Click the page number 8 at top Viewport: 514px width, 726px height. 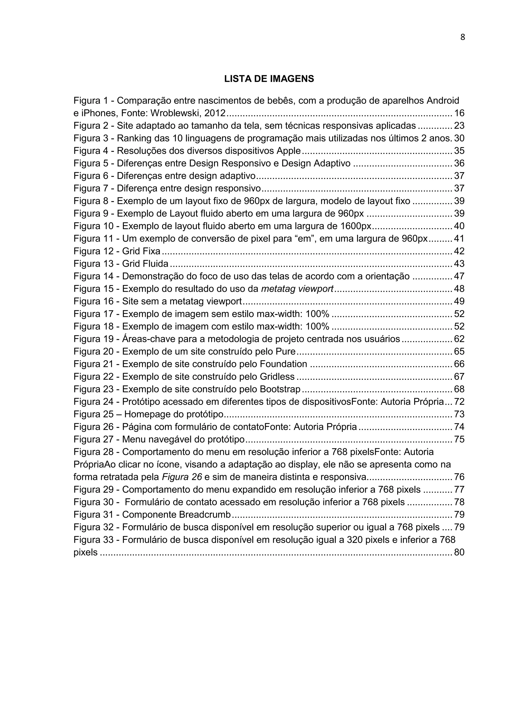pyautogui.click(x=462, y=37)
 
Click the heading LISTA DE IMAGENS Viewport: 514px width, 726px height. pyautogui.click(x=269, y=79)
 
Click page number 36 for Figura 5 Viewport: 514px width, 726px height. pyautogui.click(x=459, y=163)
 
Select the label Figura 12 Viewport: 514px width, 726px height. pyautogui.click(x=93, y=251)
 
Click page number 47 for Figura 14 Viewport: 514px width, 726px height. pyautogui.click(x=459, y=276)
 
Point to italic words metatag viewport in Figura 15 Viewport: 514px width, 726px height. pyautogui.click(x=297, y=289)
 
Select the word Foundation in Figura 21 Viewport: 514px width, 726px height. pyautogui.click(x=283, y=364)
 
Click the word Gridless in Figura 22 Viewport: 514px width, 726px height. pyautogui.click(x=277, y=377)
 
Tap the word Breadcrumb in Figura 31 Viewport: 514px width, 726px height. pyautogui.click(x=205, y=514)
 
